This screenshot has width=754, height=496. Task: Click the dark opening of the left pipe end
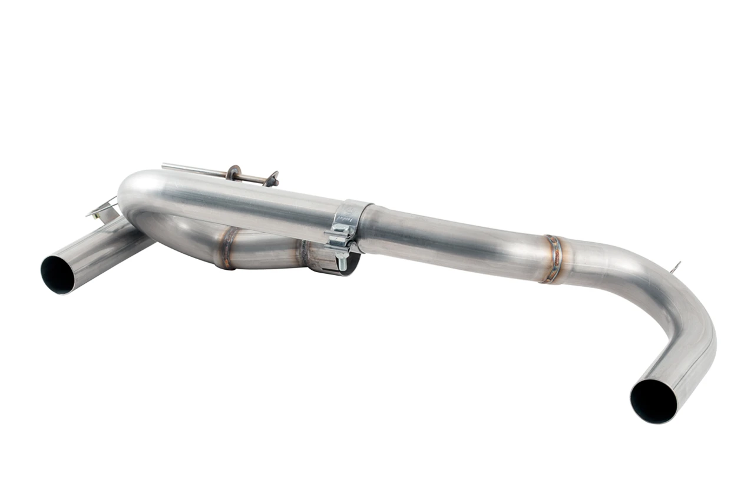[x=57, y=275]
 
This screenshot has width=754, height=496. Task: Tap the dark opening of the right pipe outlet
[x=653, y=401]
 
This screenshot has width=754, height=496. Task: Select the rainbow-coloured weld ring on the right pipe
[x=553, y=259]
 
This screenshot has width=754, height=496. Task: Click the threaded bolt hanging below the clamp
[x=341, y=260]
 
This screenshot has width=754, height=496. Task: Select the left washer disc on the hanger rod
[x=233, y=173]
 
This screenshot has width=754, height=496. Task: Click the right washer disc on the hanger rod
[x=272, y=179]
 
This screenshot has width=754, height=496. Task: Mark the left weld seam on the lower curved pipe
[x=227, y=247]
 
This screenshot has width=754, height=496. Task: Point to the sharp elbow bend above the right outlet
[x=683, y=306]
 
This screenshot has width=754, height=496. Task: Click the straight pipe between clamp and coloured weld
[x=454, y=236]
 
